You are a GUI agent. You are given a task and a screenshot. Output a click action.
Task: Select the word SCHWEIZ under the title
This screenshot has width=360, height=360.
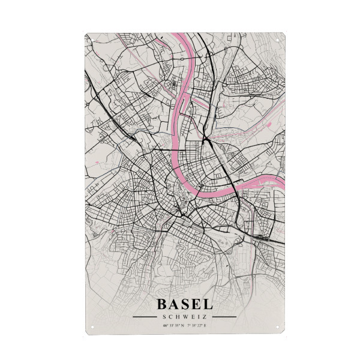pyautogui.click(x=184, y=317)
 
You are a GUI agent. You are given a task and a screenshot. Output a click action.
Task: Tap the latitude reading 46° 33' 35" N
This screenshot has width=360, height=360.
pyautogui.click(x=173, y=326)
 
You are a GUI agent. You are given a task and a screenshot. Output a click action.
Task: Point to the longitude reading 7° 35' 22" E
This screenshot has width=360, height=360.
pyautogui.click(x=196, y=326)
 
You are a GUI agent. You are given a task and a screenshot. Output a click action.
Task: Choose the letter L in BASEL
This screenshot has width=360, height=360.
pyautogui.click(x=206, y=305)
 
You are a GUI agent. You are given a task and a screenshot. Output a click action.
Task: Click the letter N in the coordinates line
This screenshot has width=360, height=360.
pyautogui.click(x=182, y=326)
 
